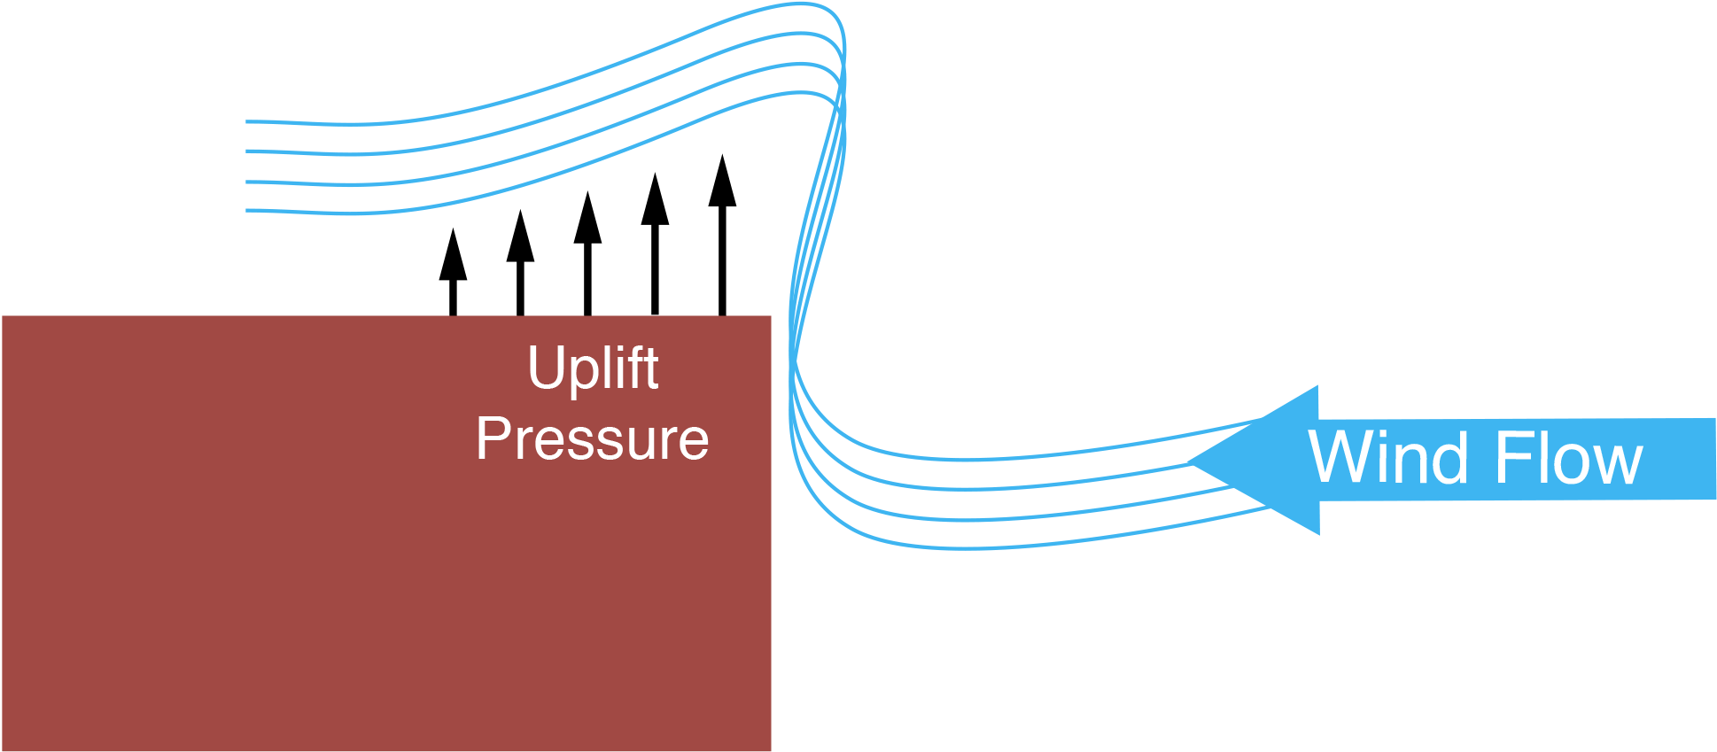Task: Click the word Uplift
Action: (x=593, y=368)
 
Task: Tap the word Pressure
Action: (x=592, y=438)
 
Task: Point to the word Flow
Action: (x=1568, y=458)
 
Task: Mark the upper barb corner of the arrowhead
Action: (x=1317, y=386)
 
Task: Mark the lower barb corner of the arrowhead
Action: (x=1318, y=534)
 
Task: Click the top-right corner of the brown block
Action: (x=770, y=317)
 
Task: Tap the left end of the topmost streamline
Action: (x=247, y=121)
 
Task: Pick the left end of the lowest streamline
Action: (x=247, y=211)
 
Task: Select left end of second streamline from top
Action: (x=247, y=151)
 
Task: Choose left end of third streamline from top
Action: (x=247, y=182)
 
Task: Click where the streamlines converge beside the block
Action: (x=795, y=359)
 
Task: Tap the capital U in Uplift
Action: (x=545, y=367)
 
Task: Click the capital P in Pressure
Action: (x=493, y=438)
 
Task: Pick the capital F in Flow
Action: (x=1511, y=458)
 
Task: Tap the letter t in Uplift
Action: (x=651, y=368)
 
